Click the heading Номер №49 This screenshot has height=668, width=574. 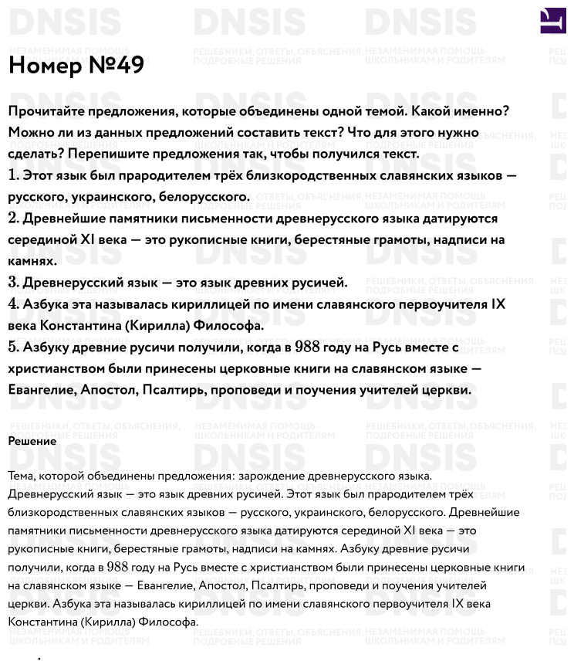76,66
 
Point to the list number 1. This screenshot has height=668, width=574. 12,175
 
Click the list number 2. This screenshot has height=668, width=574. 13,219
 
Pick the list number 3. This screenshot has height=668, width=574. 13,283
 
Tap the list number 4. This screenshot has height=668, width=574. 13,304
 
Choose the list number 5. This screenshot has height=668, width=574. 13,348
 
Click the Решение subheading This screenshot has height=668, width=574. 32,441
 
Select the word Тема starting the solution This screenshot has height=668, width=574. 21,475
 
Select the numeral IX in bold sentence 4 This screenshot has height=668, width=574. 498,304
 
